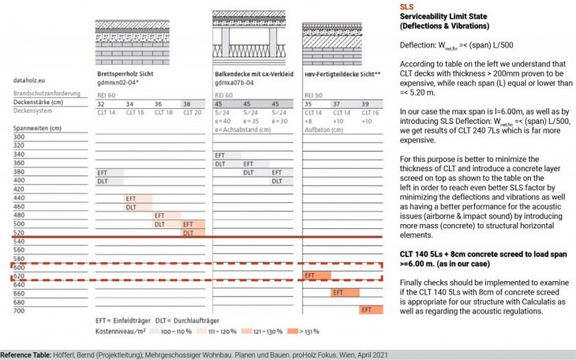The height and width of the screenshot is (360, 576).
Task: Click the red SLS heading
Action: point(408,6)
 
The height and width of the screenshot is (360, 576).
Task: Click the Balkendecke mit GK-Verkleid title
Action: point(252,73)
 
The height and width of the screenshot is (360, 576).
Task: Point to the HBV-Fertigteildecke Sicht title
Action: point(343,73)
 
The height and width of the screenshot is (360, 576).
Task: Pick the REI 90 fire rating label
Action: point(313,95)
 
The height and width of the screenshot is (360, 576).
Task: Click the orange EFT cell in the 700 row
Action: point(370,310)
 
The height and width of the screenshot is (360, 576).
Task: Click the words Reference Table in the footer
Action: point(28,354)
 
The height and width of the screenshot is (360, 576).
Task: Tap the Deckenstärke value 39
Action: point(365,103)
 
